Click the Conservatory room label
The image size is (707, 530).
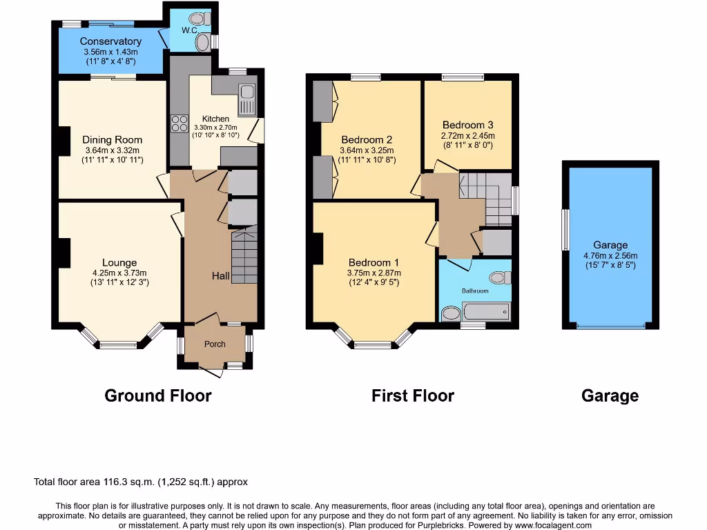pos(110,41)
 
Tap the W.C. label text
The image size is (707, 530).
pos(171,31)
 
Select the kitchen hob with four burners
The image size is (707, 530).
pos(180,124)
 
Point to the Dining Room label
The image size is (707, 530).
pos(112,139)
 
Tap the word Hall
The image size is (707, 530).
pos(220,276)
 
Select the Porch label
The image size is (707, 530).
pos(215,344)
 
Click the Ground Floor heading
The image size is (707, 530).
pos(157,395)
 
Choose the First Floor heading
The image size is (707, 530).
pos(413,395)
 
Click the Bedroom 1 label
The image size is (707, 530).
pos(374,262)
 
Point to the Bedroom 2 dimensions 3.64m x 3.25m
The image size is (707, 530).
pos(367,150)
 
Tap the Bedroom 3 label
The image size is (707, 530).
pos(468,125)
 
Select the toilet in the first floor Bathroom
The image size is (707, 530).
pos(498,278)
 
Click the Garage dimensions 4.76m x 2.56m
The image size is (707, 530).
pos(610,255)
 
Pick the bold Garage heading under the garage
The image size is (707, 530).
pos(610,395)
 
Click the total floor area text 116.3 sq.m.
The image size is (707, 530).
pos(141,482)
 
